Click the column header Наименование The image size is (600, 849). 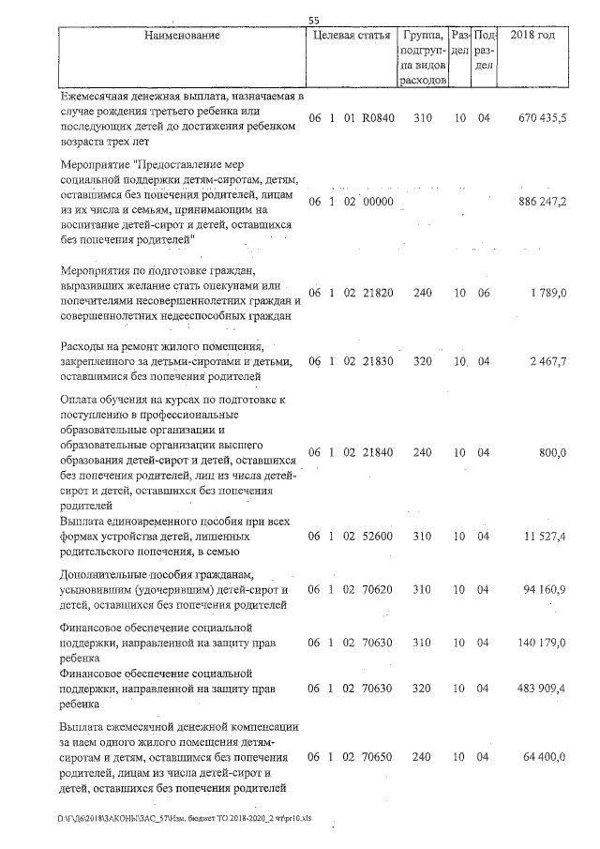click(182, 37)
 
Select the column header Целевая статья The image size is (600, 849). click(350, 37)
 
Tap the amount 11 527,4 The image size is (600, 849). click(545, 537)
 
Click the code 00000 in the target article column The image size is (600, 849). click(379, 202)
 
